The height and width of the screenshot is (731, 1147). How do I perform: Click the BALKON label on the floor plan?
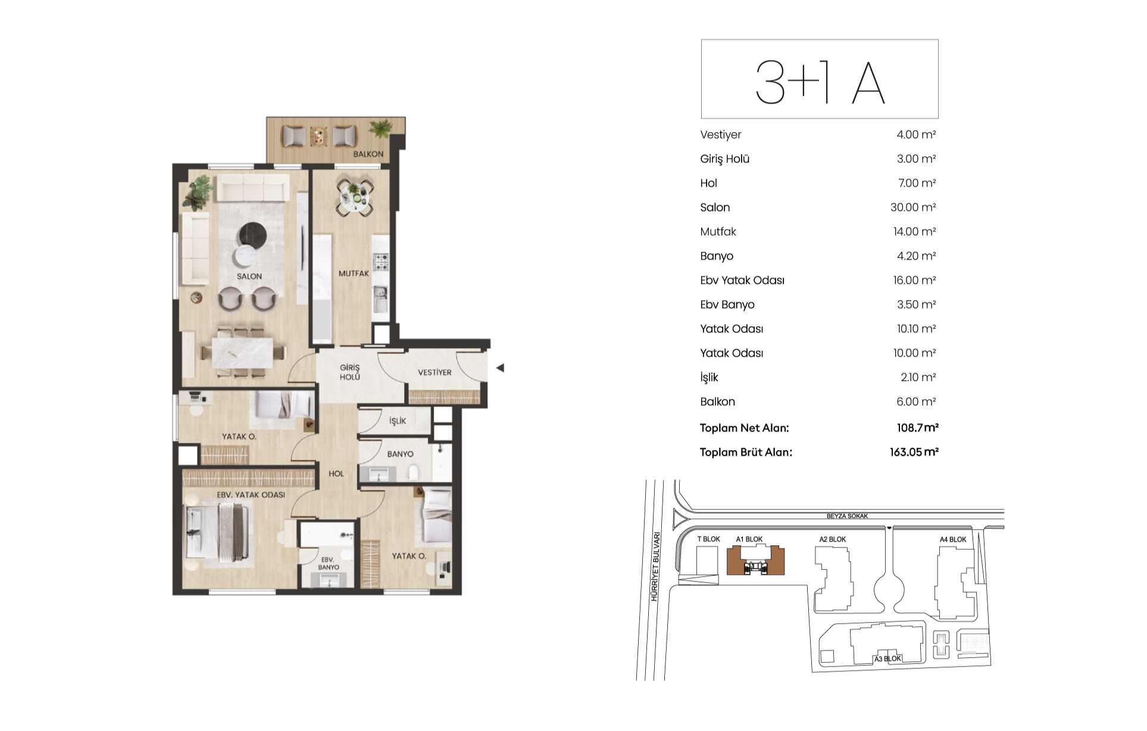coord(368,154)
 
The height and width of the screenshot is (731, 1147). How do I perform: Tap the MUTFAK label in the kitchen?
coord(354,273)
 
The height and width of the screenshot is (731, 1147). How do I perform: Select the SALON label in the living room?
coord(249,276)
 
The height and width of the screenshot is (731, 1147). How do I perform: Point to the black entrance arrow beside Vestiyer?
coord(500,368)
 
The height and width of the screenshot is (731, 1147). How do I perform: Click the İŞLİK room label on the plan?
coord(398,421)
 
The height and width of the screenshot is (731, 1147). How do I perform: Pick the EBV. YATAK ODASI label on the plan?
coord(251,495)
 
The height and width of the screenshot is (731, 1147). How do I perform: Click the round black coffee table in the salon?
coord(252,234)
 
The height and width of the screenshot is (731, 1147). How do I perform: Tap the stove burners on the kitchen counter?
coord(381,261)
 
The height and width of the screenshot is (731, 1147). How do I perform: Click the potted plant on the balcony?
coord(380,129)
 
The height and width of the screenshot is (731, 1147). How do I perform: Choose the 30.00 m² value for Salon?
coord(913,207)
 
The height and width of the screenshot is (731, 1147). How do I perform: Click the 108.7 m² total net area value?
coord(918,427)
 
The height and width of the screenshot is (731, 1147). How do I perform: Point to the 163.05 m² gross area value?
coord(914,452)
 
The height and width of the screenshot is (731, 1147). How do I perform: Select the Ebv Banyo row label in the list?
coord(727,304)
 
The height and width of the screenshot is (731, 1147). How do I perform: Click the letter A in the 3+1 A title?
coord(868,83)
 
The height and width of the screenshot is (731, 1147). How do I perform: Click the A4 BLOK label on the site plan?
coord(953,539)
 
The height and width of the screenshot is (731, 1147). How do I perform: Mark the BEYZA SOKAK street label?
coord(847,516)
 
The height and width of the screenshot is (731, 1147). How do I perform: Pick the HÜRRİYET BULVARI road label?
coord(655,566)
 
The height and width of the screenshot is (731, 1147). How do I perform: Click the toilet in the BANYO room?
coord(414,473)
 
